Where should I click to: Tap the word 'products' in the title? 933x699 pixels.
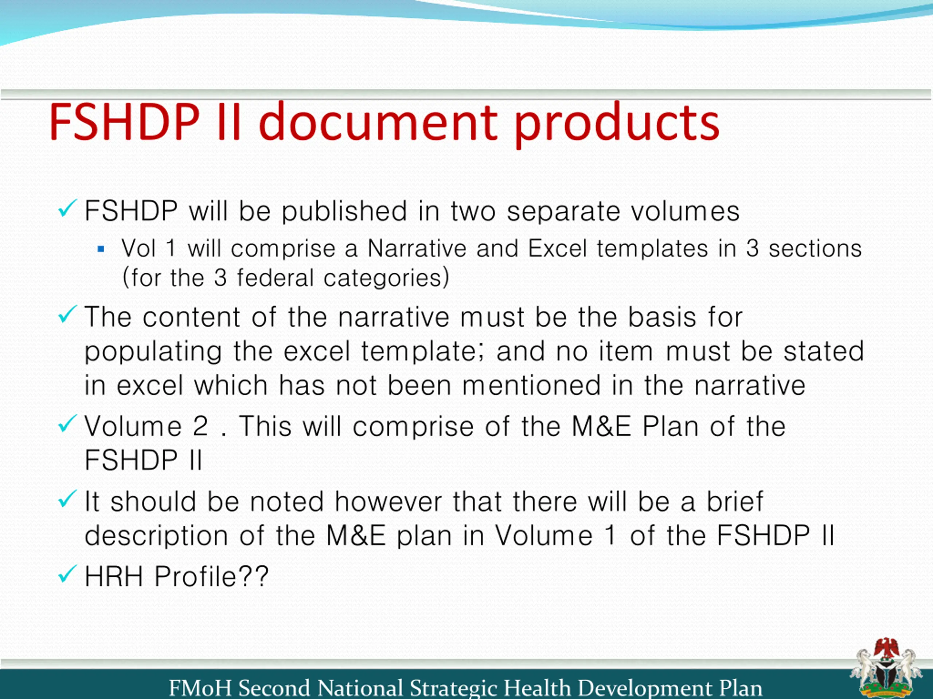click(617, 125)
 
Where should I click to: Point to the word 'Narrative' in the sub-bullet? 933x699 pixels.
click(417, 248)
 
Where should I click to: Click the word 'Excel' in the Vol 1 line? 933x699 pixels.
click(557, 248)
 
